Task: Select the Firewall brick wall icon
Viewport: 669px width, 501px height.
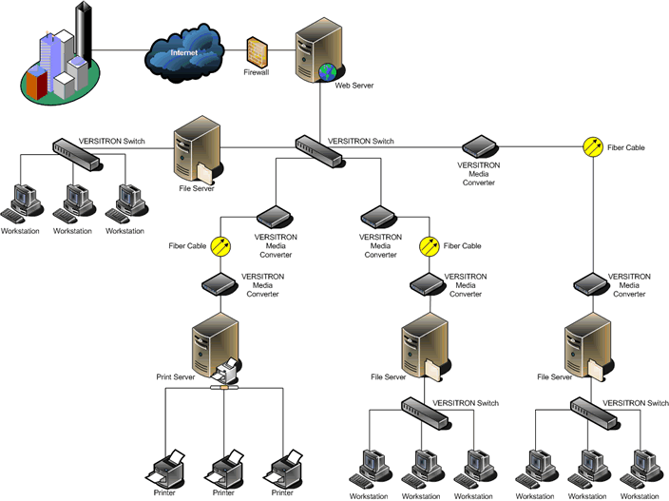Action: (x=256, y=51)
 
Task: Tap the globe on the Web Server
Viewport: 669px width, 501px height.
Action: (x=328, y=71)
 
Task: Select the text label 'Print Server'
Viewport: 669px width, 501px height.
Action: (x=176, y=377)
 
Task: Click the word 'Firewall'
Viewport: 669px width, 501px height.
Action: (x=257, y=72)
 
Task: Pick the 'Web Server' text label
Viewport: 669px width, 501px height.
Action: (x=354, y=86)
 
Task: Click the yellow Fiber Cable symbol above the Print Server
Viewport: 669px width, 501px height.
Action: (x=222, y=246)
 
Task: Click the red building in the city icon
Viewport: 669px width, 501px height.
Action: (x=36, y=85)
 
